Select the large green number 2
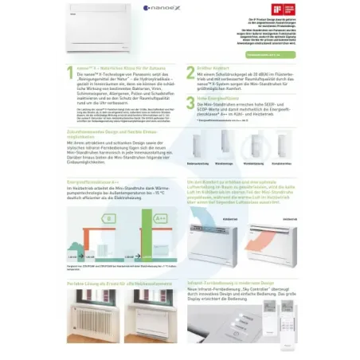tap(190, 72)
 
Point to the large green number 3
tap(190, 102)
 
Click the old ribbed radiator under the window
tap(92, 319)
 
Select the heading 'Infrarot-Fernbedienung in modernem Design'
tap(231, 283)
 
